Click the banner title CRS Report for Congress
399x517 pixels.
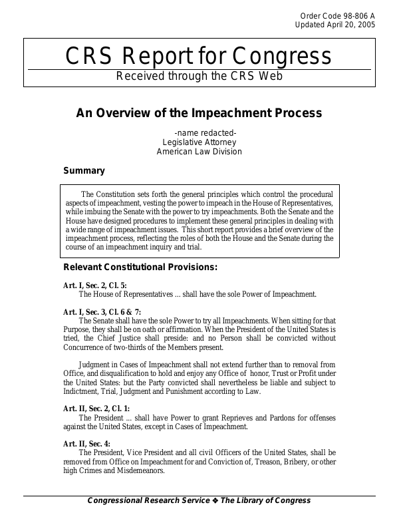[x=199, y=56]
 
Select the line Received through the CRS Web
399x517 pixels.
[x=199, y=76]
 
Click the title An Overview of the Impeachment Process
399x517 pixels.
[x=199, y=113]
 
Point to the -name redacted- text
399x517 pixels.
[x=199, y=132]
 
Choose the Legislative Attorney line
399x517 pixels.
[x=199, y=142]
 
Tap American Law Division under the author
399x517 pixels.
[x=199, y=152]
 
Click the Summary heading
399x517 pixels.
[x=84, y=171]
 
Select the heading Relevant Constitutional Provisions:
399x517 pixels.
[x=140, y=267]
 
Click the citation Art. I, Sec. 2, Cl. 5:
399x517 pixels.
[x=95, y=285]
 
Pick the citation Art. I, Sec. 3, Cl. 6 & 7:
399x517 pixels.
[x=102, y=311]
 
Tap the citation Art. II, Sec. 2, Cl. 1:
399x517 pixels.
[x=96, y=408]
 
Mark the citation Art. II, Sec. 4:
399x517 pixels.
[x=86, y=442]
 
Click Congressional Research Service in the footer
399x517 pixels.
[x=148, y=501]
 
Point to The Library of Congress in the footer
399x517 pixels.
[x=265, y=501]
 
